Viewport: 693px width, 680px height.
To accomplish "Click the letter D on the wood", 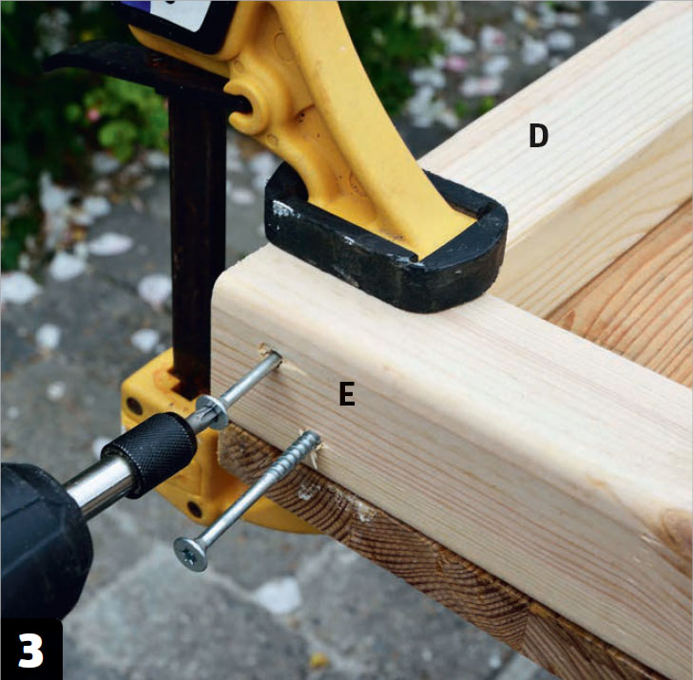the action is [538, 136].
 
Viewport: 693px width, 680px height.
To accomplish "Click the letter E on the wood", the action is [347, 394].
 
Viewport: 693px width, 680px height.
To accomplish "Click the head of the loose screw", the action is [191, 554].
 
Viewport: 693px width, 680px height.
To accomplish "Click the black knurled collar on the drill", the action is [150, 453].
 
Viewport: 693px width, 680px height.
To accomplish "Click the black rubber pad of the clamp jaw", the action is [384, 247].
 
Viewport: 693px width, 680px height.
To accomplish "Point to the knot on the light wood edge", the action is [675, 530].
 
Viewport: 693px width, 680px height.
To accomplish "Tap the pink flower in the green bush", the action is [93, 115].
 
